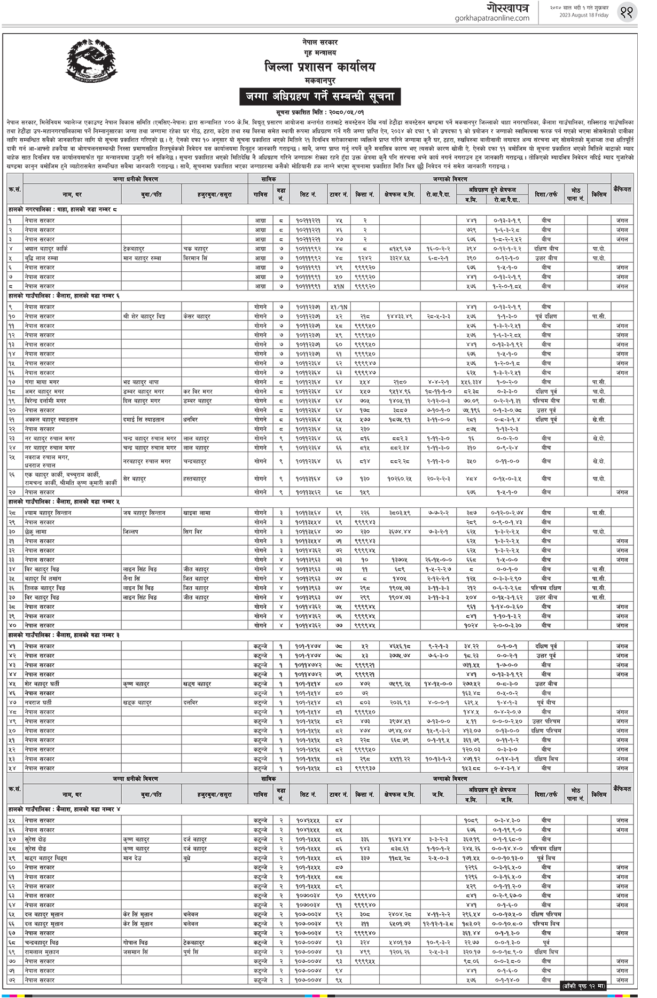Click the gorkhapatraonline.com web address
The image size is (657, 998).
click(x=492, y=18)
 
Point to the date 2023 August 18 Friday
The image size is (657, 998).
click(x=580, y=15)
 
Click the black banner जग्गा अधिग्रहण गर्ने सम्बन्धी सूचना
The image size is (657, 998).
click(x=319, y=97)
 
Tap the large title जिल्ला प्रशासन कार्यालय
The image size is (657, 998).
click(x=319, y=67)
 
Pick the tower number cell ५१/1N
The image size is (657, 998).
click(x=339, y=307)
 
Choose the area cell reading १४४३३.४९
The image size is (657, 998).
click(x=400, y=317)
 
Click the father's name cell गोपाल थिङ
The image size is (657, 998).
click(x=136, y=942)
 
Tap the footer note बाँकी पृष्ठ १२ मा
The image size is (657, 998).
click(x=583, y=986)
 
